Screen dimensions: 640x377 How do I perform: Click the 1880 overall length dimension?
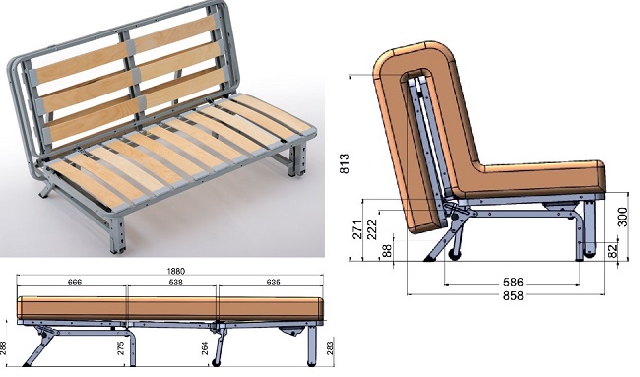coord(176,271)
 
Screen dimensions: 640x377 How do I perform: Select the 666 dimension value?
coord(74,282)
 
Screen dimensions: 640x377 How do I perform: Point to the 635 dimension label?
coord(273,282)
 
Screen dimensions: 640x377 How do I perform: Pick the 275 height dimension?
coord(121,347)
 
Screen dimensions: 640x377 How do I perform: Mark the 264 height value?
coord(206,347)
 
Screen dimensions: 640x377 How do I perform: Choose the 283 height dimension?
coord(330,347)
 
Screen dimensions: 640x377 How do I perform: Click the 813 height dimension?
coord(345,163)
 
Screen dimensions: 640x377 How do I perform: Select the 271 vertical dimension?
coord(357,229)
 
